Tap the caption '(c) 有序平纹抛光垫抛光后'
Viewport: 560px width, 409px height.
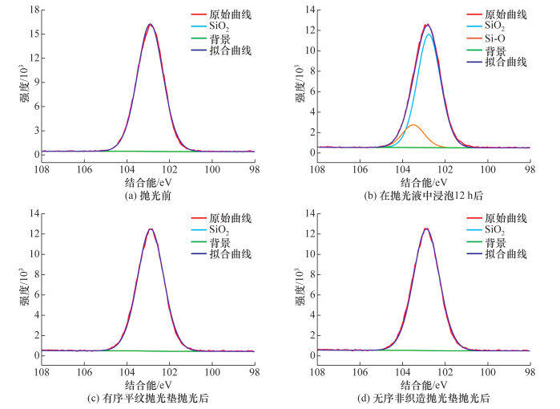[149, 399]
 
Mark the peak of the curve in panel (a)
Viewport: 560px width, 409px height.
[150, 24]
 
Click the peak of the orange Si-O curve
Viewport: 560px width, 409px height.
[414, 125]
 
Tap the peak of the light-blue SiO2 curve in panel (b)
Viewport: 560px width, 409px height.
[429, 34]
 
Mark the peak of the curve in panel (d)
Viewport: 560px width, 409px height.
[426, 229]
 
